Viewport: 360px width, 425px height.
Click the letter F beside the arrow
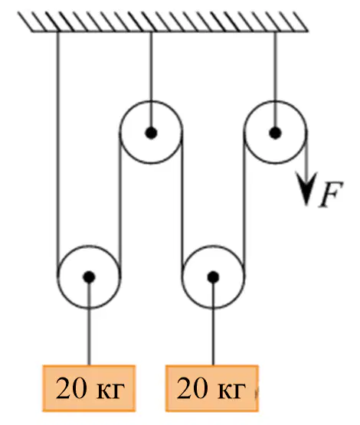(331, 194)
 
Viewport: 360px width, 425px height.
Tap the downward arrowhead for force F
(306, 188)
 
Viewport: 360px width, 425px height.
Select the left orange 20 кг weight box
(89, 388)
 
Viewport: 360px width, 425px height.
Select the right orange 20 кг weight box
(212, 388)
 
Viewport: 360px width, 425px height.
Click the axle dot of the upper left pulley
(151, 132)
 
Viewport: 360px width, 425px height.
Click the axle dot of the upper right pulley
(275, 132)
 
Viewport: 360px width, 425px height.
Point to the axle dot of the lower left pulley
(89, 277)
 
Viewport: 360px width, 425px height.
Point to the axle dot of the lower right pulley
(213, 277)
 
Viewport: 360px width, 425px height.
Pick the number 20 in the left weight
(71, 388)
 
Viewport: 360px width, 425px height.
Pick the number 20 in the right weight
(192, 388)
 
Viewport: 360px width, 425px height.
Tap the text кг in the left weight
(110, 391)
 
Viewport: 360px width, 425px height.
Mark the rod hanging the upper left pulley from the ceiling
(151, 80)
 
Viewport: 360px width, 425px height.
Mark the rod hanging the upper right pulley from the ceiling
(275, 80)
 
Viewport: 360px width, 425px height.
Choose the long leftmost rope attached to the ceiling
(57, 154)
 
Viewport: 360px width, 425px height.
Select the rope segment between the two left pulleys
(119, 205)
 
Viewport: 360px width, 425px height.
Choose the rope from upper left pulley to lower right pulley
(182, 205)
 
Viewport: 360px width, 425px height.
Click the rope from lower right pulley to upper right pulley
(244, 205)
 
